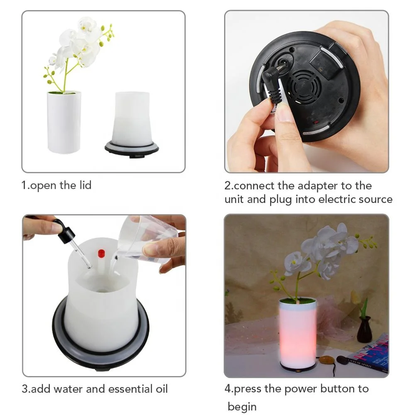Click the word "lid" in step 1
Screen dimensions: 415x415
click(83, 185)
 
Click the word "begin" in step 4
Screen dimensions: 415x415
click(242, 407)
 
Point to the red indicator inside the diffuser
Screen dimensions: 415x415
click(101, 252)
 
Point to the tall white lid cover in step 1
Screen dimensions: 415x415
click(64, 122)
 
